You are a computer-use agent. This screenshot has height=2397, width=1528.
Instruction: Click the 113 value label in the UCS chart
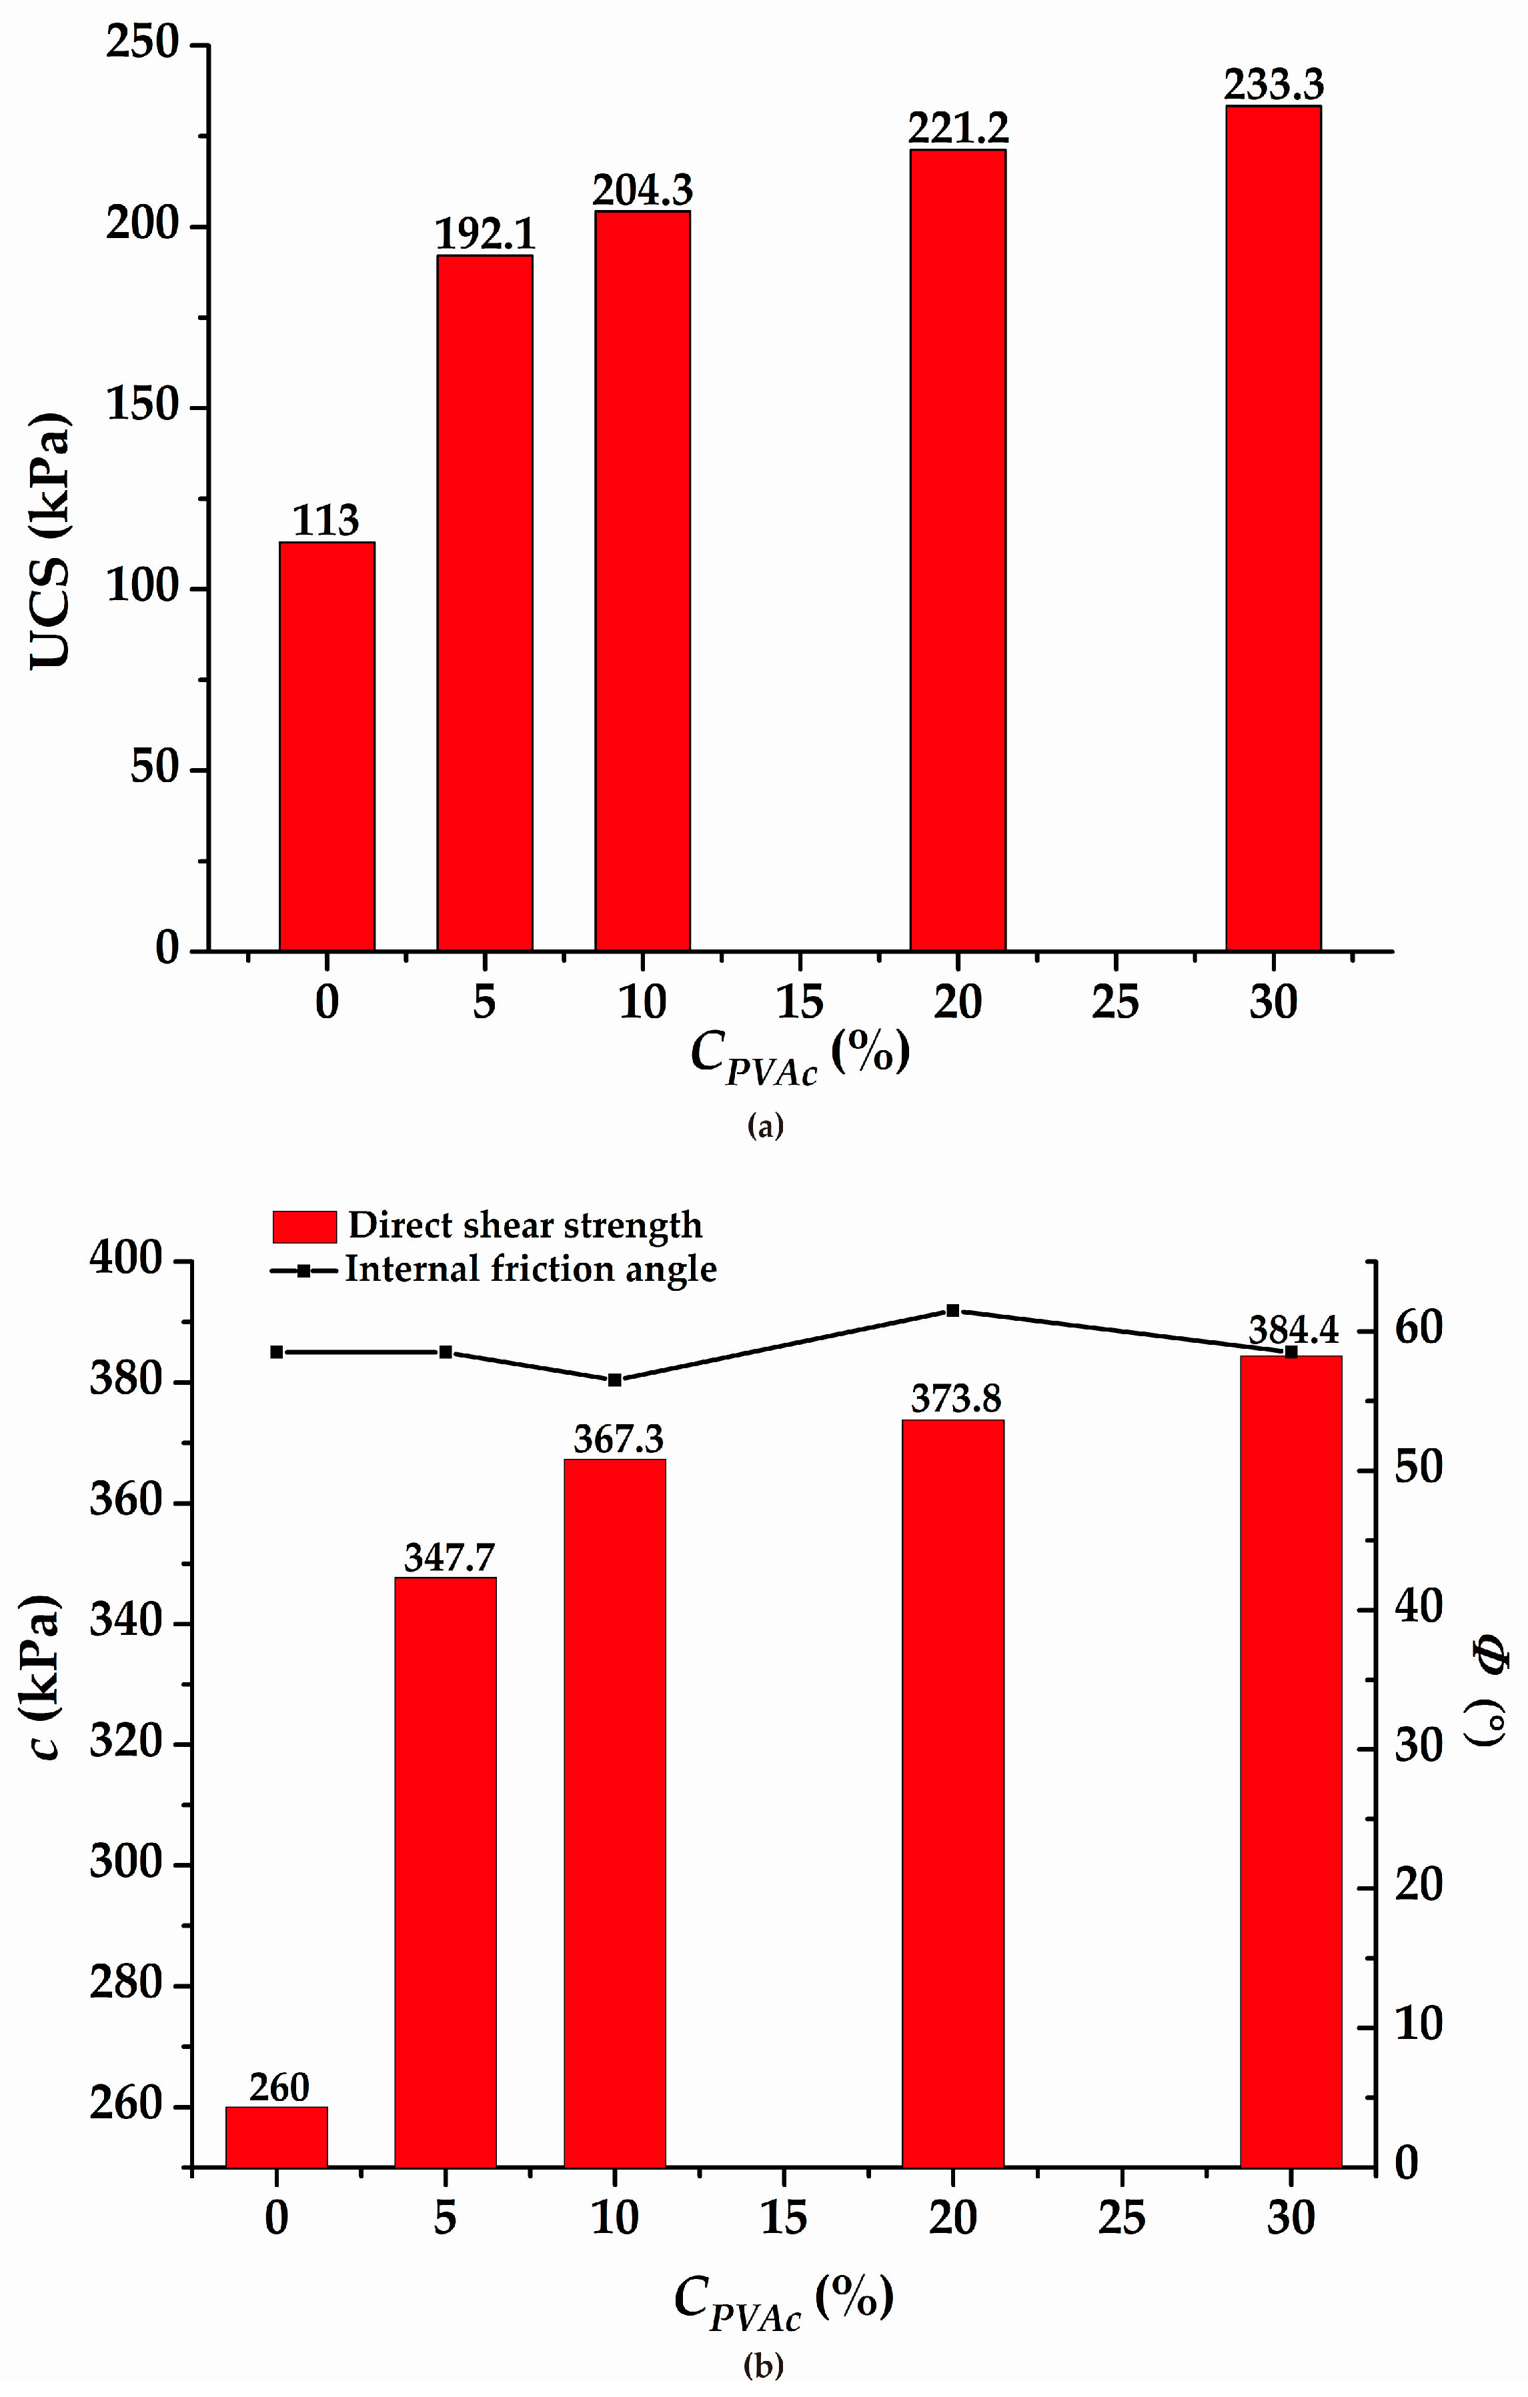(325, 521)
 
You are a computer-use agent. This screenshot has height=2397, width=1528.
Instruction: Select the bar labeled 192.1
(485, 602)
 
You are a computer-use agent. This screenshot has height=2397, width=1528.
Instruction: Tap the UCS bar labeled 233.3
(1273, 527)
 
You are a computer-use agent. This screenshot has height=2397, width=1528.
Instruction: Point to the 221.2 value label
(958, 127)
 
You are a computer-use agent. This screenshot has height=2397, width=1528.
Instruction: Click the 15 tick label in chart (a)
(799, 1002)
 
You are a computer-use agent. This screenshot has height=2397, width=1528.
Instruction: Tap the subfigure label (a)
(764, 1126)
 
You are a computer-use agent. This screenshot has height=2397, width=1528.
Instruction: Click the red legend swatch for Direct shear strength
(305, 1226)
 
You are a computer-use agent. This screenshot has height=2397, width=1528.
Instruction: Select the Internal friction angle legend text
(531, 1269)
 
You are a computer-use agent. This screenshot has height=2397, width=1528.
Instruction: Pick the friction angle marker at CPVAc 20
(952, 1311)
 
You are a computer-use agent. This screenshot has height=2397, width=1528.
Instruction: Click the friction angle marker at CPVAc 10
(615, 1380)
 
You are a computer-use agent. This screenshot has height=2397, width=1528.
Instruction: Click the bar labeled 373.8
(952, 1792)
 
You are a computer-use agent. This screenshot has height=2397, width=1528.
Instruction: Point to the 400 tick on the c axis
(125, 1260)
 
